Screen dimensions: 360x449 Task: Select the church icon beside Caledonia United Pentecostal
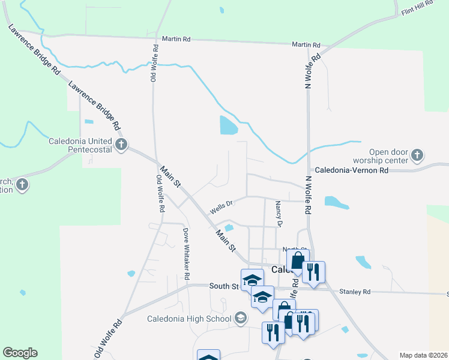click(x=121, y=145)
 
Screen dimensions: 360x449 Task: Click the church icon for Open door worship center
click(x=417, y=156)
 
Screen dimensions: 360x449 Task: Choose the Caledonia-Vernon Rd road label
click(x=352, y=170)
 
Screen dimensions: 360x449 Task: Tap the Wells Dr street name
click(x=220, y=208)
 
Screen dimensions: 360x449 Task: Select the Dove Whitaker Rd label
click(x=186, y=254)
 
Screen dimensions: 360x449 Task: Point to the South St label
click(x=224, y=287)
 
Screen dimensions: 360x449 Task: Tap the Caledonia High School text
click(x=189, y=318)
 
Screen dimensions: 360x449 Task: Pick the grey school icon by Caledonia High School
click(x=241, y=317)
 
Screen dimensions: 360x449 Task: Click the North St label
click(x=295, y=249)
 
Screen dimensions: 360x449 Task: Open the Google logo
click(x=20, y=353)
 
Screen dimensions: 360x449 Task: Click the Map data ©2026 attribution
click(x=423, y=355)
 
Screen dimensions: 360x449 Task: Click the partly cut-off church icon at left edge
click(x=22, y=184)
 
